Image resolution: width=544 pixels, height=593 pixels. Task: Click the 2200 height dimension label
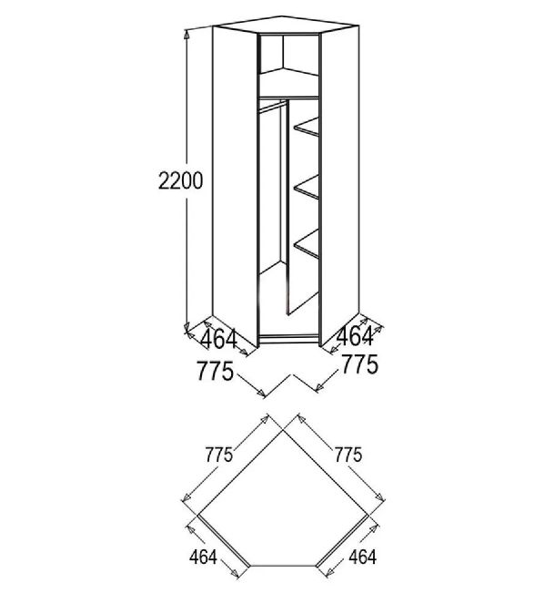tap(180, 180)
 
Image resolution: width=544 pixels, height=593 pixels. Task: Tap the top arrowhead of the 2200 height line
tap(186, 35)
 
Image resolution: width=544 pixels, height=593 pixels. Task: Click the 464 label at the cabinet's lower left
tap(218, 339)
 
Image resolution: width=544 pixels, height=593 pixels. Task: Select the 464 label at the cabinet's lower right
tap(355, 336)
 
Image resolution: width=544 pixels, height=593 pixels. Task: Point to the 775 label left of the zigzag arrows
tap(215, 371)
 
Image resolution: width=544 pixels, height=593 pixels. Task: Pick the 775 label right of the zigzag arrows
tap(359, 364)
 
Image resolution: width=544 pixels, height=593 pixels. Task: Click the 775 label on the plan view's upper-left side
tap(218, 455)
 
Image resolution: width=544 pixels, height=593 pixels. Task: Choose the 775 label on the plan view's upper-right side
tap(348, 455)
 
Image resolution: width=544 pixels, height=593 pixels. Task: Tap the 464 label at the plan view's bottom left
tap(203, 557)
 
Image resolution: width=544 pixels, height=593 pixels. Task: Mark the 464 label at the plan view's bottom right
tap(363, 557)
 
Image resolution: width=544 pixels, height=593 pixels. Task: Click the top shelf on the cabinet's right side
tap(307, 127)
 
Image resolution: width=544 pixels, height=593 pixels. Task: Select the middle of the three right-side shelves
tap(307, 187)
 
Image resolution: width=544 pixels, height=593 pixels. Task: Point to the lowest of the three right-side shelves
tap(307, 244)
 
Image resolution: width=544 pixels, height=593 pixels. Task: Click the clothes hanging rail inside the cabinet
tap(272, 106)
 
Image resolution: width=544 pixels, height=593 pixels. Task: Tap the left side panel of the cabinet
tap(235, 185)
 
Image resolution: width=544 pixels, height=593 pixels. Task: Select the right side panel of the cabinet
tap(339, 185)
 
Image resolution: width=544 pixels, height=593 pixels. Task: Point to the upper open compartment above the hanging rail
tap(289, 65)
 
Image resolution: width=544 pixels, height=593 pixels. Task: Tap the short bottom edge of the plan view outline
tap(283, 566)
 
